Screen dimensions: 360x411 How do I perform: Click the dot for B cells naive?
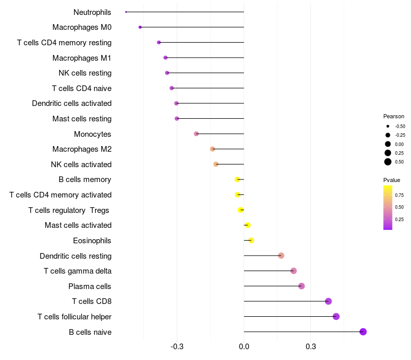click(363, 332)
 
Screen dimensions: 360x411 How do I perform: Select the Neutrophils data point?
click(126, 12)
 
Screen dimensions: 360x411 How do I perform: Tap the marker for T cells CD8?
click(328, 301)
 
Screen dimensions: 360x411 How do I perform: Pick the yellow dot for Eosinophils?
click(251, 240)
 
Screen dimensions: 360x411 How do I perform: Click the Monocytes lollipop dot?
click(196, 134)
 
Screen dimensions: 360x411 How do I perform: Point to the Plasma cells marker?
click(302, 286)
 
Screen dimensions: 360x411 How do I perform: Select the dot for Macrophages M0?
click(140, 27)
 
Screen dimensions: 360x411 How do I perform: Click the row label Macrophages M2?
click(82, 149)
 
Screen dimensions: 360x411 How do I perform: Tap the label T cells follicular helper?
click(74, 316)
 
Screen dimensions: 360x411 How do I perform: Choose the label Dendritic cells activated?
click(71, 103)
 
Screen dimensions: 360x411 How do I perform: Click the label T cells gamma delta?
click(78, 271)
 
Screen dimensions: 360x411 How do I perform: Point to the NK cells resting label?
click(85, 73)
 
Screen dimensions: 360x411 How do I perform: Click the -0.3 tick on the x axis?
click(177, 347)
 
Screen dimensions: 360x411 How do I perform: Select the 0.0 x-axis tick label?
click(244, 347)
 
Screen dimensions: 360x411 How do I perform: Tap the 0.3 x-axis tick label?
click(310, 347)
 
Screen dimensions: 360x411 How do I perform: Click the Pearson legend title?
click(394, 116)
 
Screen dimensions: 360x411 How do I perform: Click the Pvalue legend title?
click(391, 180)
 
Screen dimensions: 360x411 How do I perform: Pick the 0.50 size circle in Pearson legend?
click(388, 162)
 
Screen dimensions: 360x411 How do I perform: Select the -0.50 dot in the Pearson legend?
click(388, 126)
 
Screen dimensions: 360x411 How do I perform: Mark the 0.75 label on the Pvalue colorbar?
click(399, 195)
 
